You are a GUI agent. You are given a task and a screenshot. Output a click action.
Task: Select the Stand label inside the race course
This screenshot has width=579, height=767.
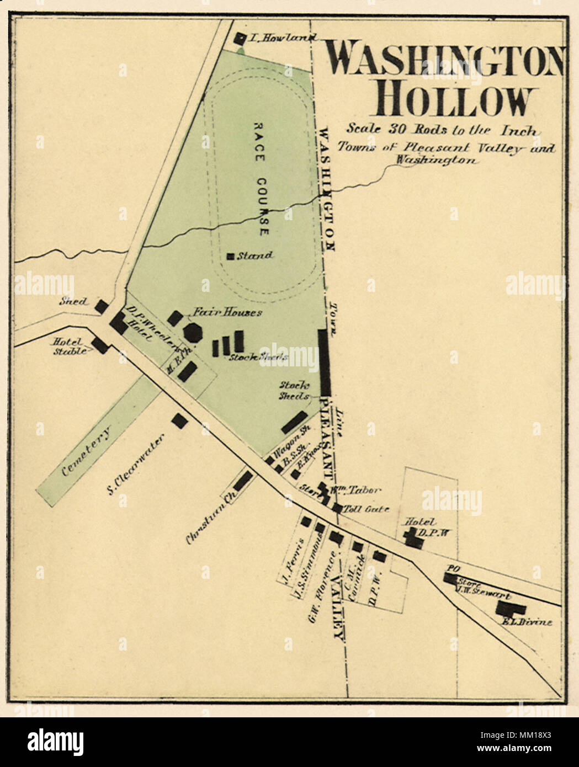pyautogui.click(x=255, y=255)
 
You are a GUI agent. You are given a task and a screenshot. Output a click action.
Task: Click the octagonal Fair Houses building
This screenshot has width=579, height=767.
pyautogui.click(x=193, y=332)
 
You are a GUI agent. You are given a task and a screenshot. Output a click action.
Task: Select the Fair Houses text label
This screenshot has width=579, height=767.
pyautogui.click(x=227, y=312)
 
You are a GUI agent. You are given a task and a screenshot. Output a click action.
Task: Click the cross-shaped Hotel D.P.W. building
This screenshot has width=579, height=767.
pyautogui.click(x=413, y=537)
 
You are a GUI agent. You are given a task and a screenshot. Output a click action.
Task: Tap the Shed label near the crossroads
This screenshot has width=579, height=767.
pyautogui.click(x=73, y=301)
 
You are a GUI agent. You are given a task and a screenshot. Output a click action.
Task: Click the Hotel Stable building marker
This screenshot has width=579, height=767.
pyautogui.click(x=100, y=346)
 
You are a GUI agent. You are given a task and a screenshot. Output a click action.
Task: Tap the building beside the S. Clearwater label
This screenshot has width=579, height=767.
pyautogui.click(x=179, y=420)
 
